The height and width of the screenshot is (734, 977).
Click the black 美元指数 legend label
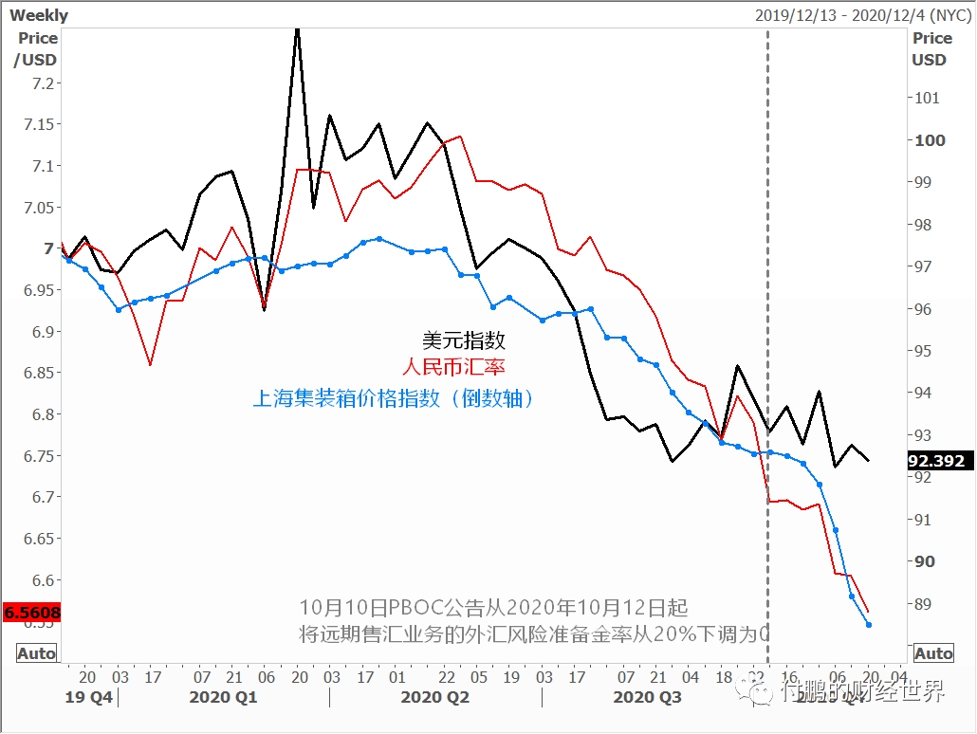[x=464, y=341]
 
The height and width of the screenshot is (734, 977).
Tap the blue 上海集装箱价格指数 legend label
[x=393, y=398]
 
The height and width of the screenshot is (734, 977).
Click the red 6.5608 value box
[x=32, y=613]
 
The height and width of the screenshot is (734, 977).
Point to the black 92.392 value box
[x=936, y=462]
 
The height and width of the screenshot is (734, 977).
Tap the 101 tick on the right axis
[x=926, y=98]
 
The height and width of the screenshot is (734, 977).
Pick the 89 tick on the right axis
[x=924, y=604]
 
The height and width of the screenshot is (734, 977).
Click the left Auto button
[x=37, y=653]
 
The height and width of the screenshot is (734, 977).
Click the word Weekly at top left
[x=39, y=15]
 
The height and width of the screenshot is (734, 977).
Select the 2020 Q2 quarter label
[x=435, y=698]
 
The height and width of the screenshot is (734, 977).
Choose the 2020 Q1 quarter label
[x=224, y=698]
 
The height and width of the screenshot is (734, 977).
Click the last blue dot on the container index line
[x=869, y=624]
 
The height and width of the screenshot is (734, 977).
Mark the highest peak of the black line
[x=297, y=30]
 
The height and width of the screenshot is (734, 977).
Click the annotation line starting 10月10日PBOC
[x=493, y=607]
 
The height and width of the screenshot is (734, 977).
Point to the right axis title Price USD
[x=931, y=48]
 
